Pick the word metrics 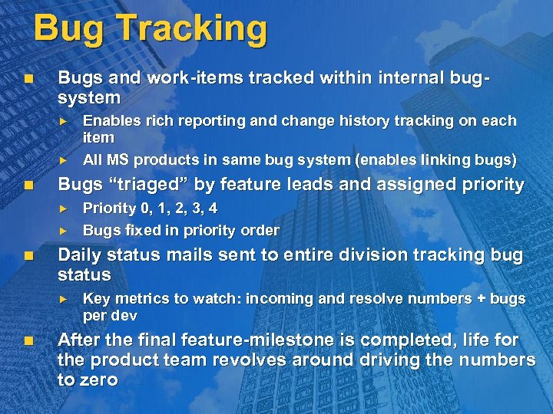(141, 298)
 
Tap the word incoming (276, 298)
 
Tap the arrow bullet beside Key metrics (65, 298)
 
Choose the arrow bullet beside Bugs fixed (65, 230)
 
